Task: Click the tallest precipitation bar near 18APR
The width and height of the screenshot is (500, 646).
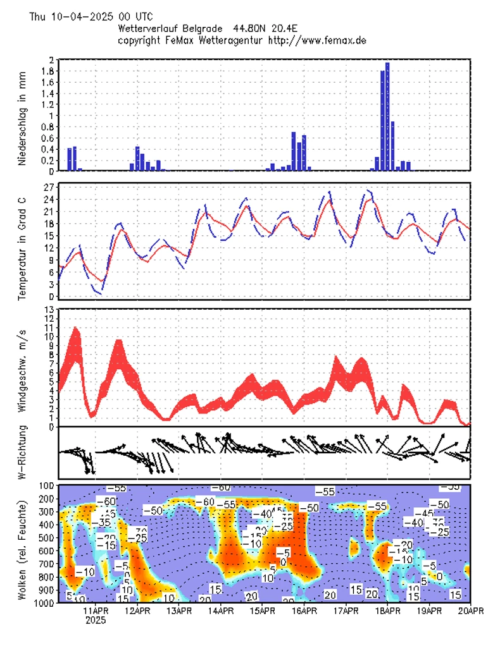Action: [387, 116]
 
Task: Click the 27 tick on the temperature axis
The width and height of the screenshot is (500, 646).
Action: [48, 188]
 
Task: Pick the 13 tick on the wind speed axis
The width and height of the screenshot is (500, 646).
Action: [48, 309]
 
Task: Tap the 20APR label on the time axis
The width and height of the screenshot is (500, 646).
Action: [470, 611]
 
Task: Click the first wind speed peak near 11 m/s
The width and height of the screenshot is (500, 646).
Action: [76, 329]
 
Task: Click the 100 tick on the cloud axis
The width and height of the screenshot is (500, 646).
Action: [46, 485]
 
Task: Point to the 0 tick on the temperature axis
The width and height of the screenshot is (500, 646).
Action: [51, 296]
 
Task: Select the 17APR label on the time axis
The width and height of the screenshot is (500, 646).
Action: [346, 611]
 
